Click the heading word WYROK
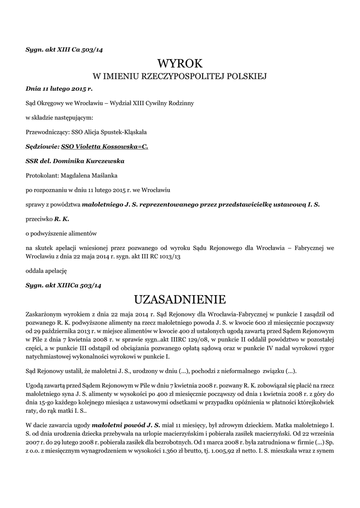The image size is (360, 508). pos(180,63)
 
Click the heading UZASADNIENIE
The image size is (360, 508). pos(180,299)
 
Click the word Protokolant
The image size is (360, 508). pos(42,175)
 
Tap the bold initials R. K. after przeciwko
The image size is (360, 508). pos(62,218)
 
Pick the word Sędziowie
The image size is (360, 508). pos(41,147)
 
